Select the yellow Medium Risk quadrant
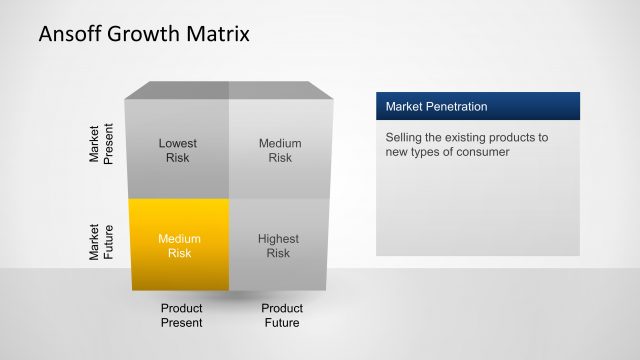click(179, 245)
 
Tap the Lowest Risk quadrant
click(178, 150)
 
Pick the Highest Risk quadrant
click(279, 245)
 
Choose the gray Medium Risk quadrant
click(280, 150)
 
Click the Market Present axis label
click(102, 146)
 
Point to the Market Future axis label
click(102, 243)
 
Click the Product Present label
click(181, 315)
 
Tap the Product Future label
click(282, 315)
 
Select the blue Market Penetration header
click(478, 107)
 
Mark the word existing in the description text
click(474, 137)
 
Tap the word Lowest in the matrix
click(178, 143)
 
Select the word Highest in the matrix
click(279, 239)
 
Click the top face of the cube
click(230, 91)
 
